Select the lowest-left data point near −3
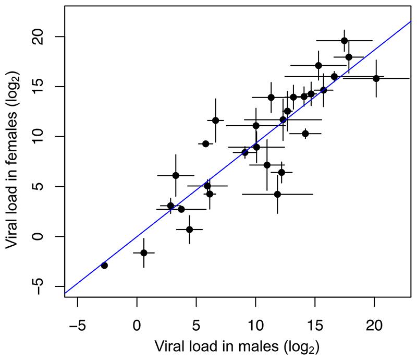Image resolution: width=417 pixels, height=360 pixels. click(x=104, y=266)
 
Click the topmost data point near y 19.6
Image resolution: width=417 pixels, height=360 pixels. click(x=344, y=41)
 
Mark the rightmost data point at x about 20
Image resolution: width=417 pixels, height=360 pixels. click(x=376, y=78)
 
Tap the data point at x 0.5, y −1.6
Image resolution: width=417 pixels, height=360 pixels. click(x=144, y=253)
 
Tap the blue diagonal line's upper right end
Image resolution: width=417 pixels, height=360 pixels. click(x=411, y=22)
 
